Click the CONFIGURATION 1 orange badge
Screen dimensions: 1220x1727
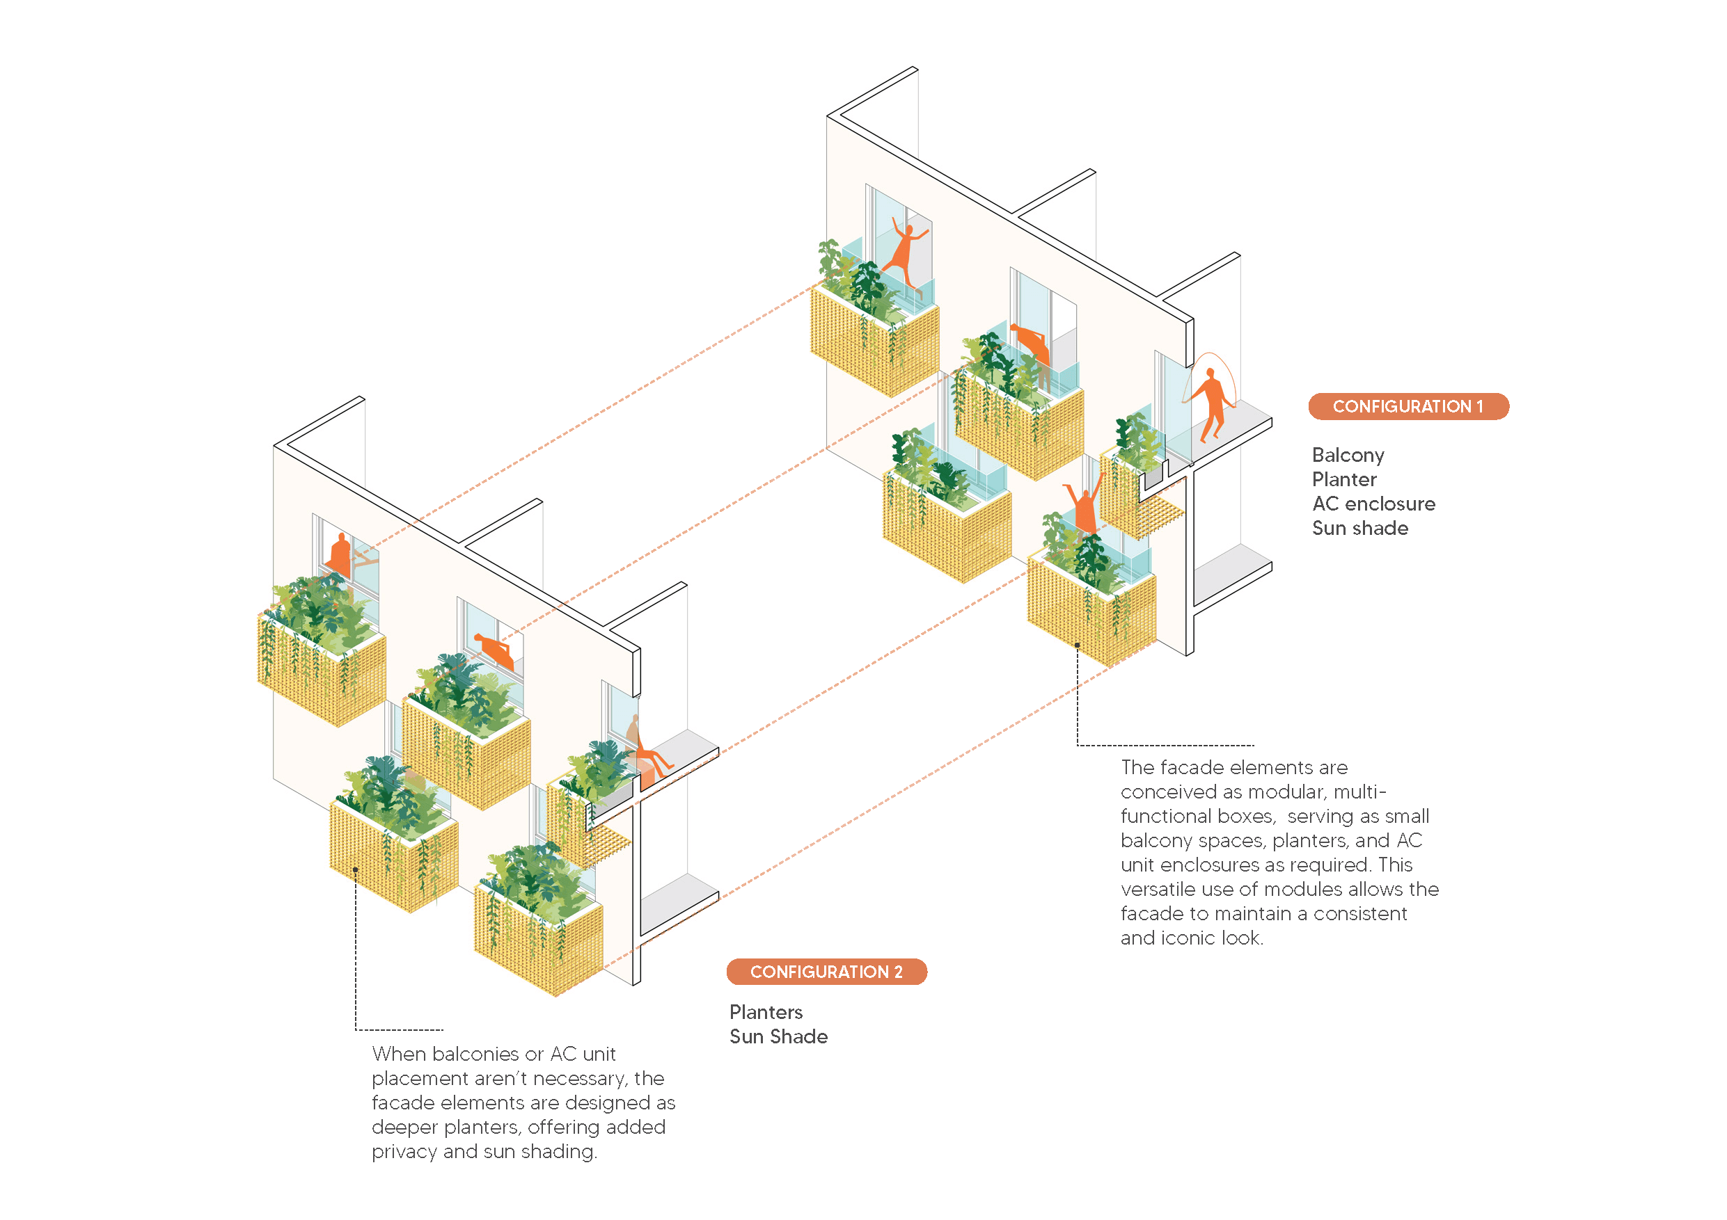click(x=1407, y=407)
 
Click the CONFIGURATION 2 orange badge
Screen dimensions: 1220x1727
click(x=826, y=972)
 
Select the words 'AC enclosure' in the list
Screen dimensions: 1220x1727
click(x=1373, y=504)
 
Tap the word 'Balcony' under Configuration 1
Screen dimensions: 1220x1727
click(x=1347, y=456)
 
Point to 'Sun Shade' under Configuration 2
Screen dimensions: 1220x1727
click(x=778, y=1036)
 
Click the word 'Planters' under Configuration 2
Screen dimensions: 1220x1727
click(x=765, y=1013)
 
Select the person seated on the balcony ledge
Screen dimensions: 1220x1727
click(x=647, y=752)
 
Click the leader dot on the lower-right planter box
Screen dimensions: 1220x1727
click(x=1077, y=645)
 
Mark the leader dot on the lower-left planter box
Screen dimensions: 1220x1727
click(x=355, y=869)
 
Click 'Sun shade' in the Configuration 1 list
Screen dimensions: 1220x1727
click(x=1359, y=529)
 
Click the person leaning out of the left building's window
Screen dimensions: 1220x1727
click(x=495, y=650)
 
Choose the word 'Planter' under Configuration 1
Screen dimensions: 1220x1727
click(x=1343, y=479)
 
